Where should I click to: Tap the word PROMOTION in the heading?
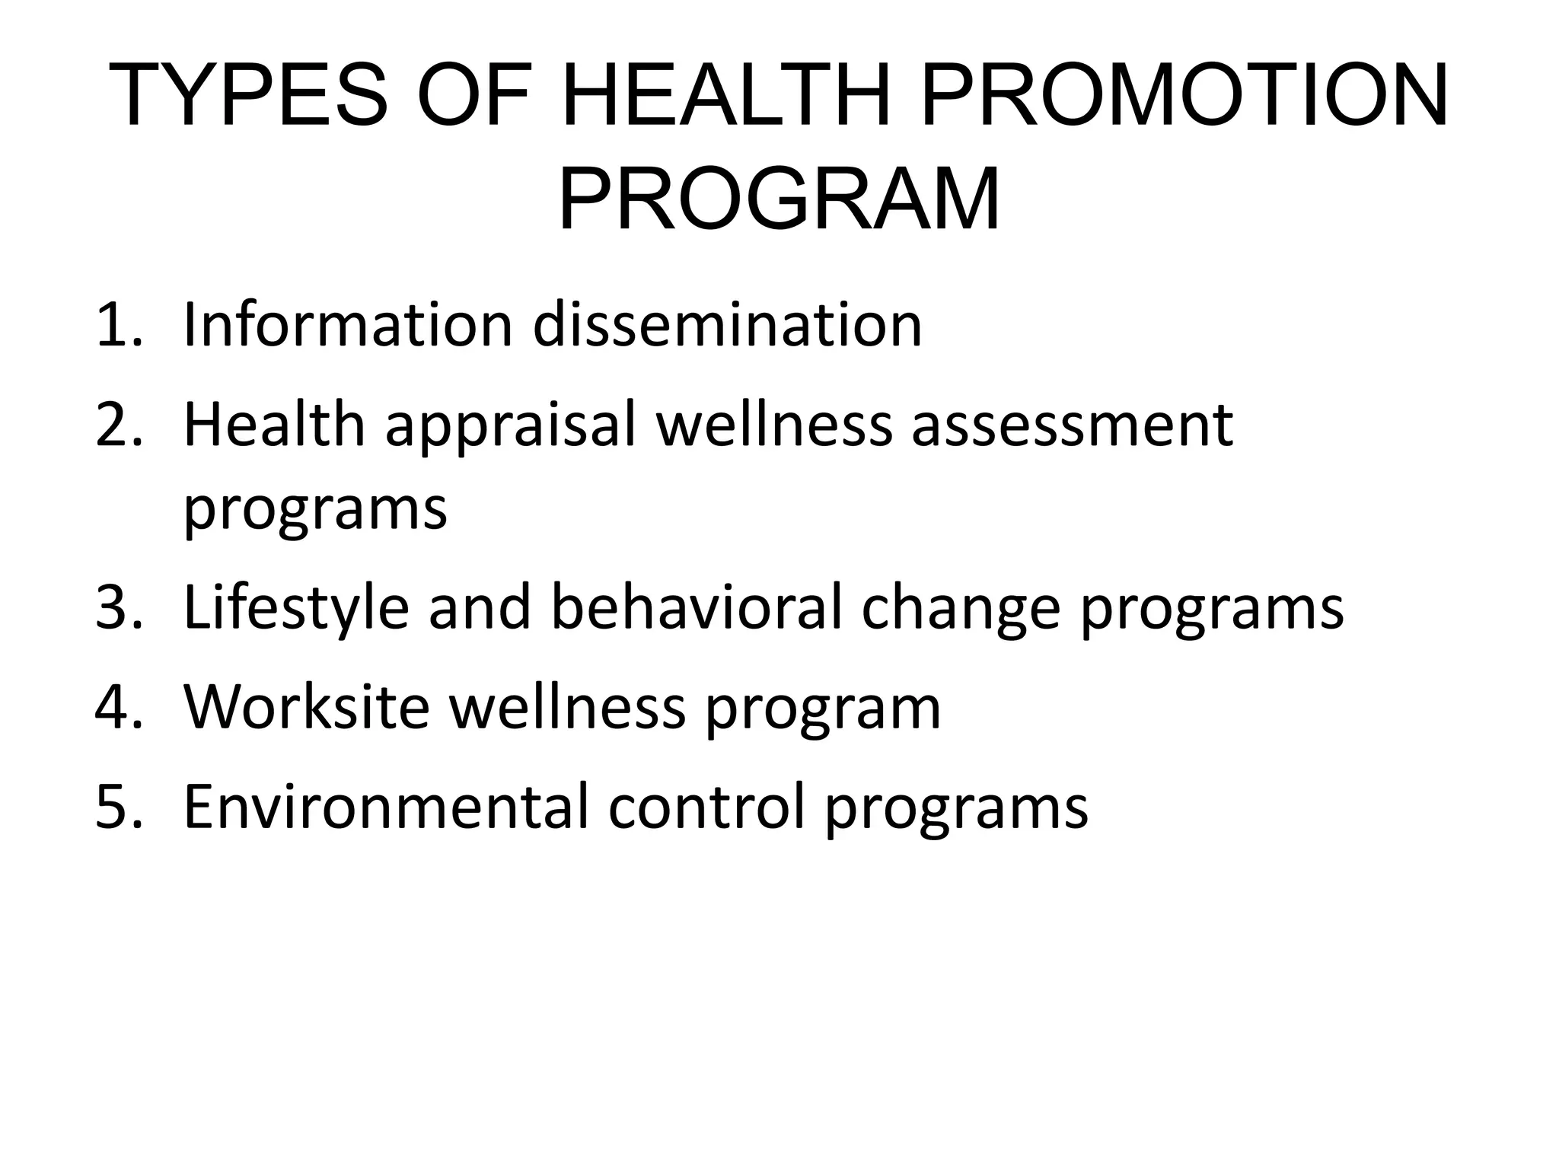(1184, 96)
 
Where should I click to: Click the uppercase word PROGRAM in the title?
(779, 199)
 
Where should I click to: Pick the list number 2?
(118, 425)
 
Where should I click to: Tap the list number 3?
(118, 608)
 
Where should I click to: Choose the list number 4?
(118, 708)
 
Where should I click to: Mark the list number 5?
(118, 807)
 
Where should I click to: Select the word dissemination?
(727, 326)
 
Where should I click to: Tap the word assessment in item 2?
(1072, 427)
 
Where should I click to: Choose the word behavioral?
(697, 608)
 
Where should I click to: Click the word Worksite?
(307, 708)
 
